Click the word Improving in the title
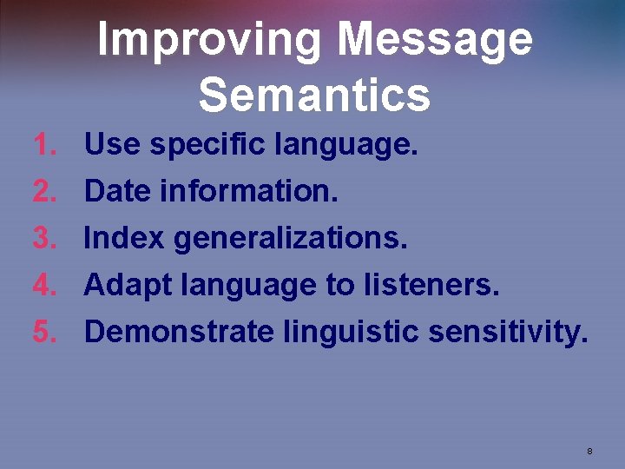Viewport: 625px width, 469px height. click(x=210, y=40)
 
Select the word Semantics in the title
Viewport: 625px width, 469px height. click(x=314, y=96)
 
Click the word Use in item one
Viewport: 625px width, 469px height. click(x=112, y=144)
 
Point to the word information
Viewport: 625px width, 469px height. click(x=249, y=191)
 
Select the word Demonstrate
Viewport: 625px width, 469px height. click(x=178, y=331)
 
